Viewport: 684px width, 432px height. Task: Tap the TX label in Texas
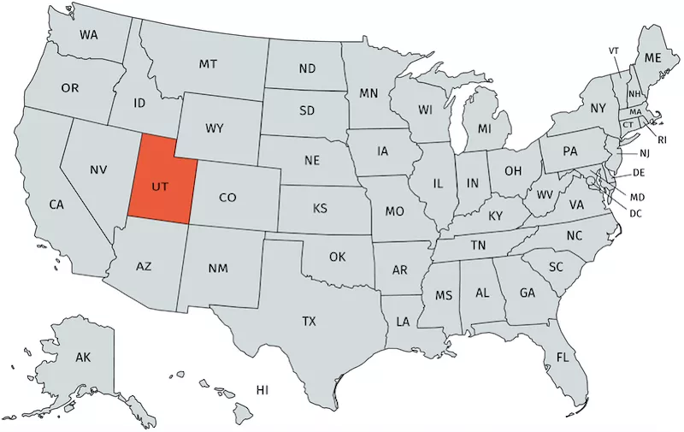click(309, 322)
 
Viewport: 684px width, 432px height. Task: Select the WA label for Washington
click(89, 35)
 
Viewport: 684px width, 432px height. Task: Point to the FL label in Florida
click(563, 356)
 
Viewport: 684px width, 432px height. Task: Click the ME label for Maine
click(653, 57)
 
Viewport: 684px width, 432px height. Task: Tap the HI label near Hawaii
click(262, 390)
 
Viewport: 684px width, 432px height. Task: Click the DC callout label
click(635, 213)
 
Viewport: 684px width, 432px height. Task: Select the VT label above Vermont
click(614, 50)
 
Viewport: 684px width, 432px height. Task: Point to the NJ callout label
click(645, 153)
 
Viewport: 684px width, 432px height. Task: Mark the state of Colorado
click(227, 198)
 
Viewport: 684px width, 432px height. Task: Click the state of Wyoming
click(215, 129)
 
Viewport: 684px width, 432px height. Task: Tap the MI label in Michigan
click(485, 128)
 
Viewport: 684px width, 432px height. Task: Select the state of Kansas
click(320, 209)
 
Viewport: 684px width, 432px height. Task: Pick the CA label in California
click(56, 204)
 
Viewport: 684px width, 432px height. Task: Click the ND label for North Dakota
click(307, 68)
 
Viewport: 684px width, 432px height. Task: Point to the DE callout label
click(637, 173)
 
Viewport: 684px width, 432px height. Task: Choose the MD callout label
click(636, 198)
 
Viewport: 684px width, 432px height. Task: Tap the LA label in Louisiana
click(402, 323)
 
